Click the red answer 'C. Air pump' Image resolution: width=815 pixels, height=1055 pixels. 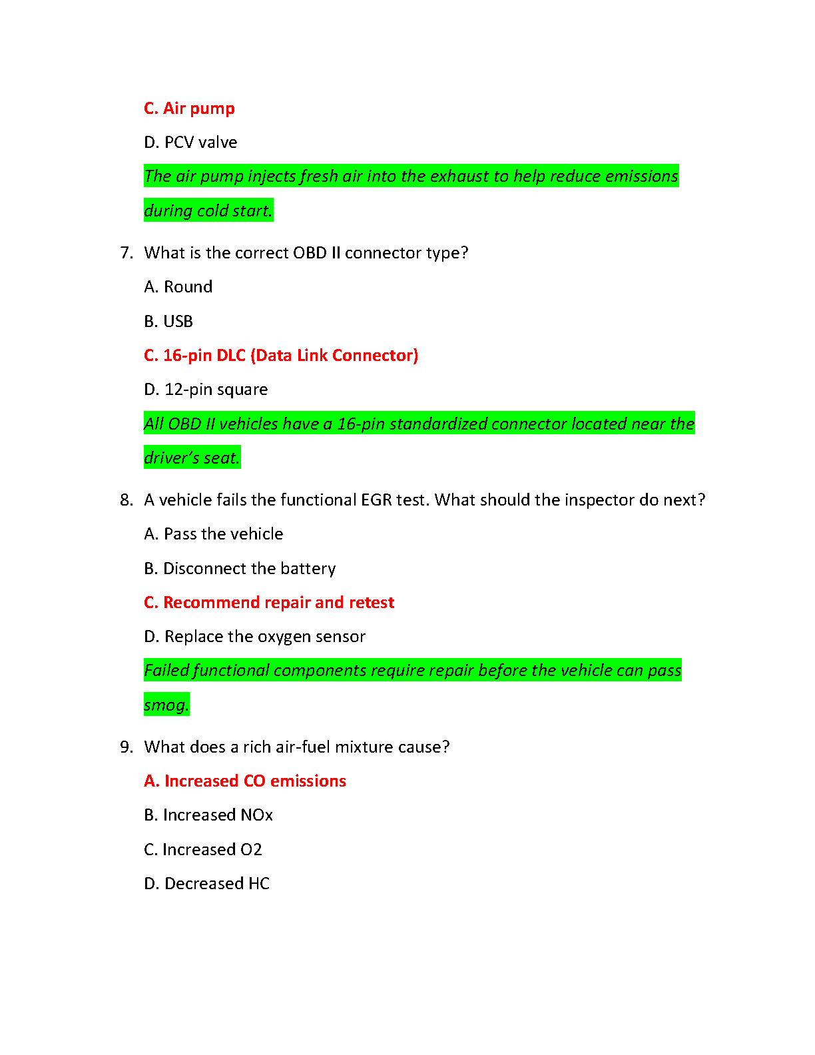(x=189, y=109)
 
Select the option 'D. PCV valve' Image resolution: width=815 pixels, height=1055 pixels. (x=190, y=143)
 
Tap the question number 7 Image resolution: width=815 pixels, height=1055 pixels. (x=126, y=253)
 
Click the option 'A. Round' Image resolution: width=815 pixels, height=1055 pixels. (x=178, y=287)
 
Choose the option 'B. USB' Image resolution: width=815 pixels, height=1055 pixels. (x=168, y=322)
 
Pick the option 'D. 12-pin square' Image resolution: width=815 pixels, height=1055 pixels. (x=206, y=390)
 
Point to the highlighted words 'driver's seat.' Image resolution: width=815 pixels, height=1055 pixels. (x=192, y=458)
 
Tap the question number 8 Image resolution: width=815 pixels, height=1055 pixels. (x=126, y=500)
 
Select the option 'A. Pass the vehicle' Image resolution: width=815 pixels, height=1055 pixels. (x=213, y=534)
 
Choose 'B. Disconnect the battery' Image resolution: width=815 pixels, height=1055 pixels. (x=240, y=569)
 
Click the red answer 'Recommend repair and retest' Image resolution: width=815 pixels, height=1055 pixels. (x=278, y=603)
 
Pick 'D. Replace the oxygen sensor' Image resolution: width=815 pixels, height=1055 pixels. (x=254, y=637)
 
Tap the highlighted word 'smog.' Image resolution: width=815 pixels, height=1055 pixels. (x=166, y=705)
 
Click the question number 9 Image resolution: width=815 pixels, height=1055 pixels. (x=126, y=747)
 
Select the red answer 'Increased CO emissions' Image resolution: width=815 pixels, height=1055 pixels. (x=254, y=781)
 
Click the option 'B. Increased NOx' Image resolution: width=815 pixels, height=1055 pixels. (x=208, y=815)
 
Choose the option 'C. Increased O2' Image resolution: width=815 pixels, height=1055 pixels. (x=203, y=850)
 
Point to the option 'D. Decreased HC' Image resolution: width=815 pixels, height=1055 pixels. (x=206, y=884)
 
